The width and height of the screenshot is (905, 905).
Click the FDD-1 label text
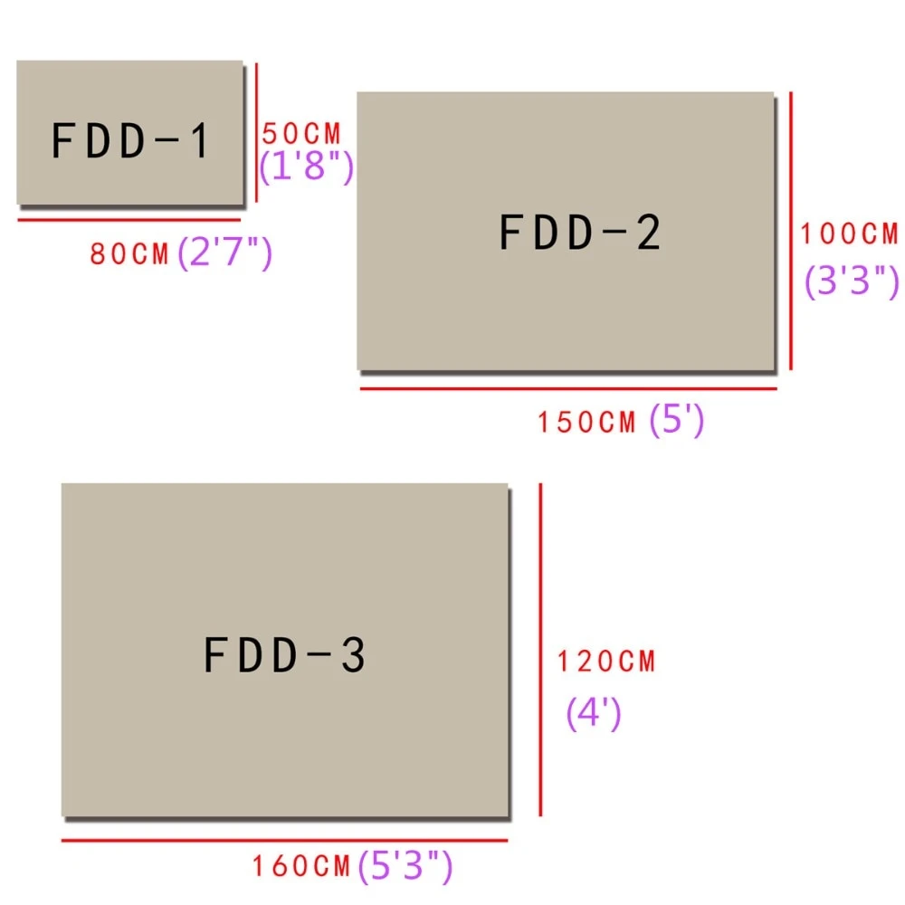point(129,140)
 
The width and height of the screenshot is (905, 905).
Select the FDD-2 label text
point(579,232)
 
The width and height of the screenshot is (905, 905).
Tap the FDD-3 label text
point(284,654)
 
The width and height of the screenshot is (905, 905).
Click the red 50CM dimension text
point(301,134)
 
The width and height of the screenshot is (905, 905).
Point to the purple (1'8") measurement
point(306,166)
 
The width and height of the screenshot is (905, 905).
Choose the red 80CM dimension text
point(129,254)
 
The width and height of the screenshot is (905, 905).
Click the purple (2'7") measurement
point(224,252)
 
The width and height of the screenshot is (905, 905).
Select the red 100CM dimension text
point(849,233)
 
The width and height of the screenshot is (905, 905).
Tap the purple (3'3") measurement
point(852,281)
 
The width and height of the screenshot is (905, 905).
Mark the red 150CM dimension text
point(586,422)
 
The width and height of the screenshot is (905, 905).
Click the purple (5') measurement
point(676,419)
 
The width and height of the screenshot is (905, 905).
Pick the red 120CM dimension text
point(606,662)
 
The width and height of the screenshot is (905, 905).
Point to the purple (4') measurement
point(594,713)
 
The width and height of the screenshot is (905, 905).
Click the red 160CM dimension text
point(301,866)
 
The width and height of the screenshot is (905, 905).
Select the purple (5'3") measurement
point(405,865)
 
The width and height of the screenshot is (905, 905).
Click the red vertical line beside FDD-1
point(256,132)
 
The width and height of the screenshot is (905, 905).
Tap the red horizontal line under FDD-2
point(568,388)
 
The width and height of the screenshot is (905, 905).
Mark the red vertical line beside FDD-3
point(540,649)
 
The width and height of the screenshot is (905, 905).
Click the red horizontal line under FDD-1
point(129,220)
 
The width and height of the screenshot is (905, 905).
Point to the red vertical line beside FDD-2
point(791,230)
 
